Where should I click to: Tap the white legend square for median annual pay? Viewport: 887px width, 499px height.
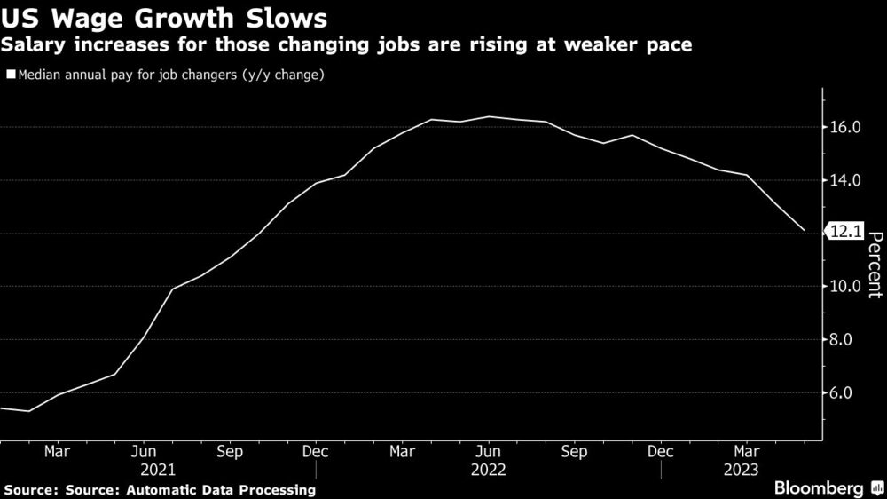pos(11,75)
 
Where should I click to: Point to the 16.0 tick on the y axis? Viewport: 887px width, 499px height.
pos(845,128)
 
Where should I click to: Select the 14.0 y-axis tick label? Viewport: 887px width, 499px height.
pos(845,180)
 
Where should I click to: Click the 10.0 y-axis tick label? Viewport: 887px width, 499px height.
pos(845,286)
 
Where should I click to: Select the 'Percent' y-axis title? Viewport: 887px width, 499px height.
pos(875,264)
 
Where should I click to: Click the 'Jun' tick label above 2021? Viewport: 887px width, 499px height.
pos(143,451)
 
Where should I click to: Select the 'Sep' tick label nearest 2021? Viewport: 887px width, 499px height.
pos(229,451)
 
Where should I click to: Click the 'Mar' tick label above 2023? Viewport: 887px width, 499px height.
pos(747,451)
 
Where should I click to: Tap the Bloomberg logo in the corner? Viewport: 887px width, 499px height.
pos(824,488)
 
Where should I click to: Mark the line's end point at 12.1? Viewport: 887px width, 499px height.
pos(805,231)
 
